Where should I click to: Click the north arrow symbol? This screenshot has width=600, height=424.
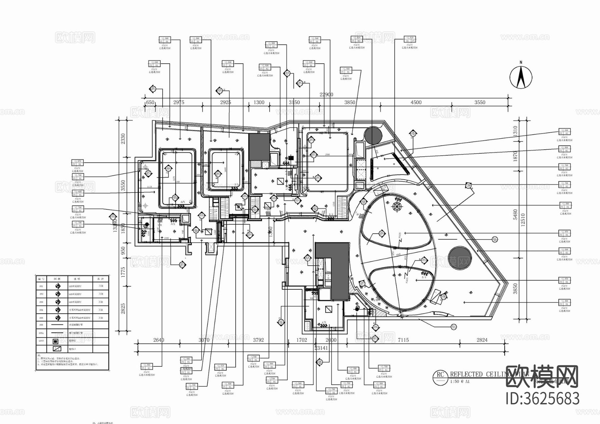pyautogui.click(x=521, y=77)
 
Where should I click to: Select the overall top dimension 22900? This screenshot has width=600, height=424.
pyautogui.click(x=326, y=95)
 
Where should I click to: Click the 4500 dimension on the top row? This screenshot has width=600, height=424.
pyautogui.click(x=416, y=102)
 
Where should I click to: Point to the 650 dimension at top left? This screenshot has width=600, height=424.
pyautogui.click(x=150, y=102)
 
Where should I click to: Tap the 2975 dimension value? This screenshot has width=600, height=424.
pyautogui.click(x=179, y=102)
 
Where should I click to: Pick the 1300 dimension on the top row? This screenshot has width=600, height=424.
pyautogui.click(x=259, y=102)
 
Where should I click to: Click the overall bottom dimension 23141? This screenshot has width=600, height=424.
pyautogui.click(x=321, y=348)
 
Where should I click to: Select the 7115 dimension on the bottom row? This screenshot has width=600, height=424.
pyautogui.click(x=403, y=340)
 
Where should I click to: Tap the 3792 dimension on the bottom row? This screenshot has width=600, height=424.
pyautogui.click(x=258, y=340)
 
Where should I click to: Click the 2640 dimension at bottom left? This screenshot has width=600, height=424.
pyautogui.click(x=159, y=340)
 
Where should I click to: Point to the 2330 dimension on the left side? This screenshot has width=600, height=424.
pyautogui.click(x=123, y=138)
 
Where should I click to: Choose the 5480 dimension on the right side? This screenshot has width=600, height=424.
pyautogui.click(x=515, y=215)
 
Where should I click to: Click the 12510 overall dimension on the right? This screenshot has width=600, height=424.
pyautogui.click(x=523, y=220)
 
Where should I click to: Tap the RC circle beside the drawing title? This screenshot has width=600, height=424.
pyautogui.click(x=440, y=375)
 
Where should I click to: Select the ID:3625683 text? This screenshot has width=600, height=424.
pyautogui.click(x=543, y=399)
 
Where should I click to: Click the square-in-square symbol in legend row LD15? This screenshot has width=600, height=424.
pyautogui.click(x=55, y=341)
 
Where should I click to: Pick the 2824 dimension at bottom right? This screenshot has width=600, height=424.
pyautogui.click(x=482, y=340)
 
